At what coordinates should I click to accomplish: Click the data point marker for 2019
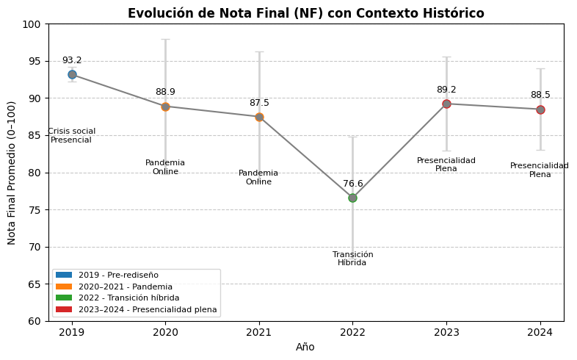click(72, 74)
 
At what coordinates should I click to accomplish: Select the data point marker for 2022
click(352, 198)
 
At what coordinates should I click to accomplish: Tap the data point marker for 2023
click(446, 104)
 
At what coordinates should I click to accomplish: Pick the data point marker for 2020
click(165, 107)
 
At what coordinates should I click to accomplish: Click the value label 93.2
click(72, 61)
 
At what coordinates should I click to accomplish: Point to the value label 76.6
click(352, 184)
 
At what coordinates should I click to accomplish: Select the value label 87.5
click(259, 104)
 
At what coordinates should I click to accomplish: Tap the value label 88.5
click(540, 96)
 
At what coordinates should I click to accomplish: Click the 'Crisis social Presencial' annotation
click(71, 136)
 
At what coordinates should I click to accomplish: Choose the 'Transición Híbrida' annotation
click(352, 259)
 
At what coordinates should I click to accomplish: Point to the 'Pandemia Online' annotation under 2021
click(258, 178)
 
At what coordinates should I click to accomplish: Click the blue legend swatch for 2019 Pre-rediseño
click(65, 275)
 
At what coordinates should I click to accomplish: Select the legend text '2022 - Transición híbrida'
click(128, 298)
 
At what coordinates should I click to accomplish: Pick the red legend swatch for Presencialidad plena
click(65, 309)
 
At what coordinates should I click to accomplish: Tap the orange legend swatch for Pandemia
click(65, 287)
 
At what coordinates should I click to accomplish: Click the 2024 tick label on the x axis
click(540, 333)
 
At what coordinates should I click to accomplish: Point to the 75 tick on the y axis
click(36, 210)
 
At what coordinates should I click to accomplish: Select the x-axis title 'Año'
click(305, 347)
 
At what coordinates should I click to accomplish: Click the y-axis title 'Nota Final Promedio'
click(12, 173)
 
